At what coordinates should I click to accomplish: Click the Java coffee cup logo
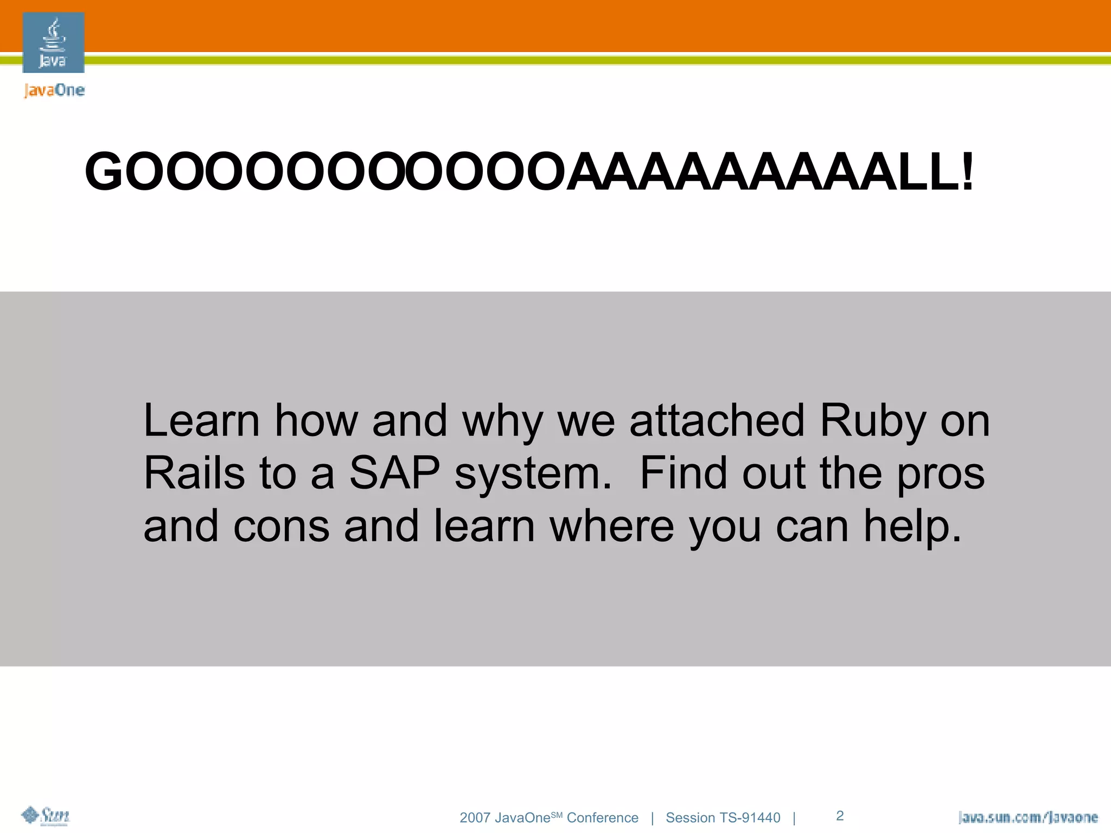click(x=53, y=42)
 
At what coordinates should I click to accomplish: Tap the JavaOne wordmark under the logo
click(x=54, y=90)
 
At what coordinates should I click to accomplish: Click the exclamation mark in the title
click(x=967, y=172)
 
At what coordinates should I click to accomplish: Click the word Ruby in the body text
click(x=873, y=421)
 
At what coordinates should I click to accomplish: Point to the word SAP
click(x=394, y=473)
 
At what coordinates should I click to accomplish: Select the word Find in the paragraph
click(x=684, y=473)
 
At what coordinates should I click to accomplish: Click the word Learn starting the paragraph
click(x=202, y=421)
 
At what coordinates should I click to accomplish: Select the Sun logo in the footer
click(x=46, y=816)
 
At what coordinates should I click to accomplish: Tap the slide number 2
click(x=840, y=816)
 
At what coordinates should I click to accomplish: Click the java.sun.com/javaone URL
click(x=1027, y=817)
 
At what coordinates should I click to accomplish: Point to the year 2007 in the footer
click(x=475, y=818)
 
